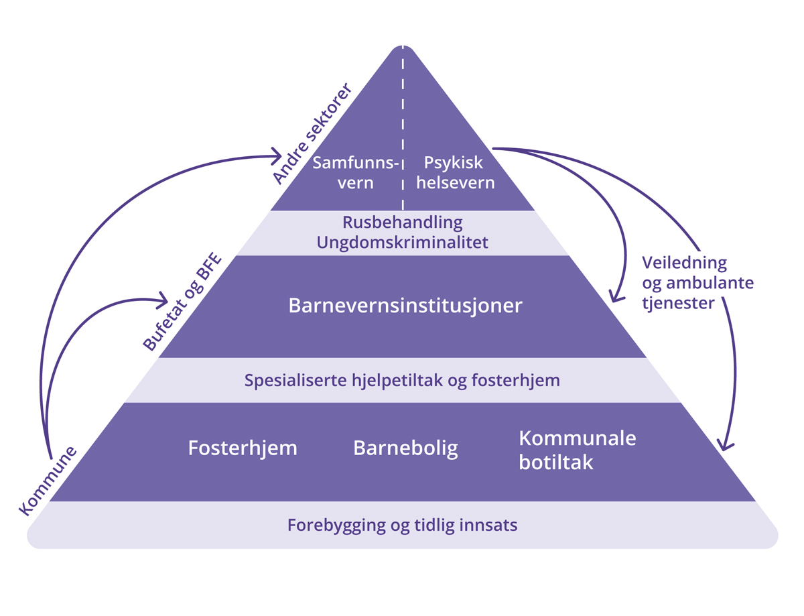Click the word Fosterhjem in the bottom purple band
tap(243, 448)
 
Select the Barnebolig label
tap(405, 448)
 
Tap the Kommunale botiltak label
tap(577, 450)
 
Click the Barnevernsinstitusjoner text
tap(405, 306)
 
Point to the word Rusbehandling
tap(403, 221)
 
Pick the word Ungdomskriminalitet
tap(403, 242)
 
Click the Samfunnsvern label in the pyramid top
tap(356, 172)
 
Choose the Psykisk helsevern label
tap(455, 172)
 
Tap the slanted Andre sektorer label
tap(312, 134)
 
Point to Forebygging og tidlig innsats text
tap(402, 525)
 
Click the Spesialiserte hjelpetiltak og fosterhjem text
tap(402, 381)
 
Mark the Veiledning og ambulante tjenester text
tap(689, 282)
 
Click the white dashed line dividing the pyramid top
tap(403, 127)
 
